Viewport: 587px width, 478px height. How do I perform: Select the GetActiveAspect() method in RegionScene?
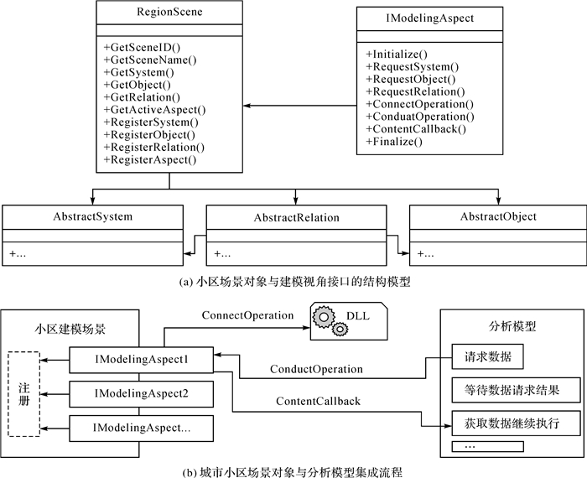155,109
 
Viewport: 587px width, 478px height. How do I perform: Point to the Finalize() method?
394,142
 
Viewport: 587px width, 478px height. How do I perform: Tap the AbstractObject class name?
498,217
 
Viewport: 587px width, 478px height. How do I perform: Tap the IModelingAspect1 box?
141,361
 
